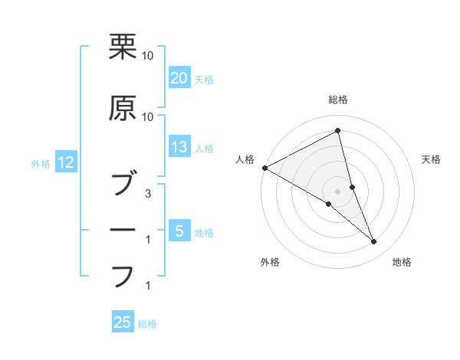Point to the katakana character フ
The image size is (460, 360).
(x=123, y=277)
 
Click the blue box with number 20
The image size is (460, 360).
(x=179, y=78)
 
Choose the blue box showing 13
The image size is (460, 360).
(x=179, y=148)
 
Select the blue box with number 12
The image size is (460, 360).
(x=65, y=162)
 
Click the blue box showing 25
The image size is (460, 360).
(x=123, y=322)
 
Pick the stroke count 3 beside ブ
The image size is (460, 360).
(x=147, y=194)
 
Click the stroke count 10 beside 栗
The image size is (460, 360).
(x=147, y=56)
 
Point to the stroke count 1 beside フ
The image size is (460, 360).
(x=147, y=286)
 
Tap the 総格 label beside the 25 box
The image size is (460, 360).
(x=147, y=324)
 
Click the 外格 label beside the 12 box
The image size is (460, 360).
(x=40, y=163)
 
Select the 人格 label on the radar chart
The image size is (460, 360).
(x=245, y=159)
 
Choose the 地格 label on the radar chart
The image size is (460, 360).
(x=402, y=262)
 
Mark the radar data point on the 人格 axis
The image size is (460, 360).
(x=264, y=168)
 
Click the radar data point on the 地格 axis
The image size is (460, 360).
(x=374, y=242)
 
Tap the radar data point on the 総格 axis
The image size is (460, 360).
(x=337, y=131)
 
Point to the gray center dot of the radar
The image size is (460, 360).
(x=337, y=191)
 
